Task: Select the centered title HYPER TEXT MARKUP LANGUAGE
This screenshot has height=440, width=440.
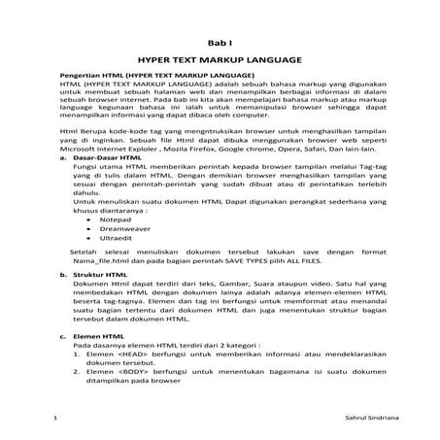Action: pyautogui.click(x=220, y=59)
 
